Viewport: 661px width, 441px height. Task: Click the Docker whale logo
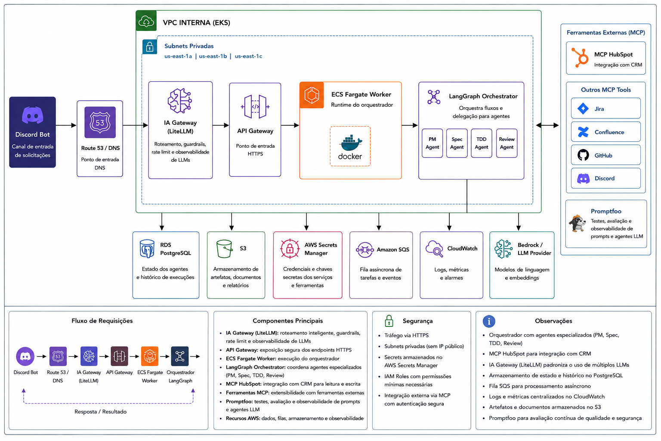[x=350, y=143]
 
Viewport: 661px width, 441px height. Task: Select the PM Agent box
[x=432, y=143]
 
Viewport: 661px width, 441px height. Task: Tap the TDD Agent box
[x=481, y=143]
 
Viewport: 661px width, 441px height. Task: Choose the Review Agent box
[x=507, y=143]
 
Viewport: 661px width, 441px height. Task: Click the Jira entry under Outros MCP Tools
[x=606, y=109]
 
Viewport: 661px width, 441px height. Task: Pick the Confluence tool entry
[x=606, y=132]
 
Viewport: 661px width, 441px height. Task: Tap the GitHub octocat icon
[x=583, y=155]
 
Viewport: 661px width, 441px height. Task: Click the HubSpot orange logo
[x=580, y=57]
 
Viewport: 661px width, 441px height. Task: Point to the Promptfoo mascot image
[x=577, y=224]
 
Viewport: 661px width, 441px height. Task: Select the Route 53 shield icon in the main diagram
[x=100, y=122]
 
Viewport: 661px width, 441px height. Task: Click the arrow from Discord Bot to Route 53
[x=66, y=125]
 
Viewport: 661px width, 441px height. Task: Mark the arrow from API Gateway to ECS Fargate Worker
[x=290, y=125]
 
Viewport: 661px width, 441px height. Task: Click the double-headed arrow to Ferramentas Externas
[x=547, y=125]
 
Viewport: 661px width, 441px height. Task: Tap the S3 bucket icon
[x=224, y=249]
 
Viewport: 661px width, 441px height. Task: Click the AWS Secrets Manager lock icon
[x=290, y=249]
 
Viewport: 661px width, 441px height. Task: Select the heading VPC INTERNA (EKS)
[x=197, y=23]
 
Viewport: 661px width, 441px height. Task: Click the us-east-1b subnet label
[x=213, y=56]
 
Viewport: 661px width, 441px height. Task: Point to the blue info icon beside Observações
[x=489, y=321]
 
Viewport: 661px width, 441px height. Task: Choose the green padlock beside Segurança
[x=389, y=321]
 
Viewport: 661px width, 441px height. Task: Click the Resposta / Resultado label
[x=100, y=412]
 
